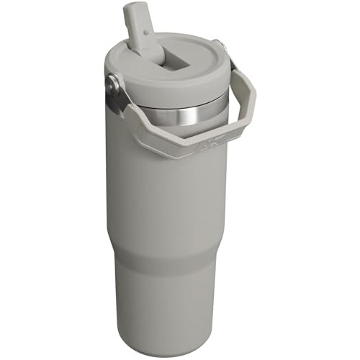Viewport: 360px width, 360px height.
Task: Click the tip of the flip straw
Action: coord(135,8)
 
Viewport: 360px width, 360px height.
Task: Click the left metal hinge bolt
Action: coord(112,84)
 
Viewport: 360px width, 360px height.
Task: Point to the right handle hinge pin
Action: coord(224,49)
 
